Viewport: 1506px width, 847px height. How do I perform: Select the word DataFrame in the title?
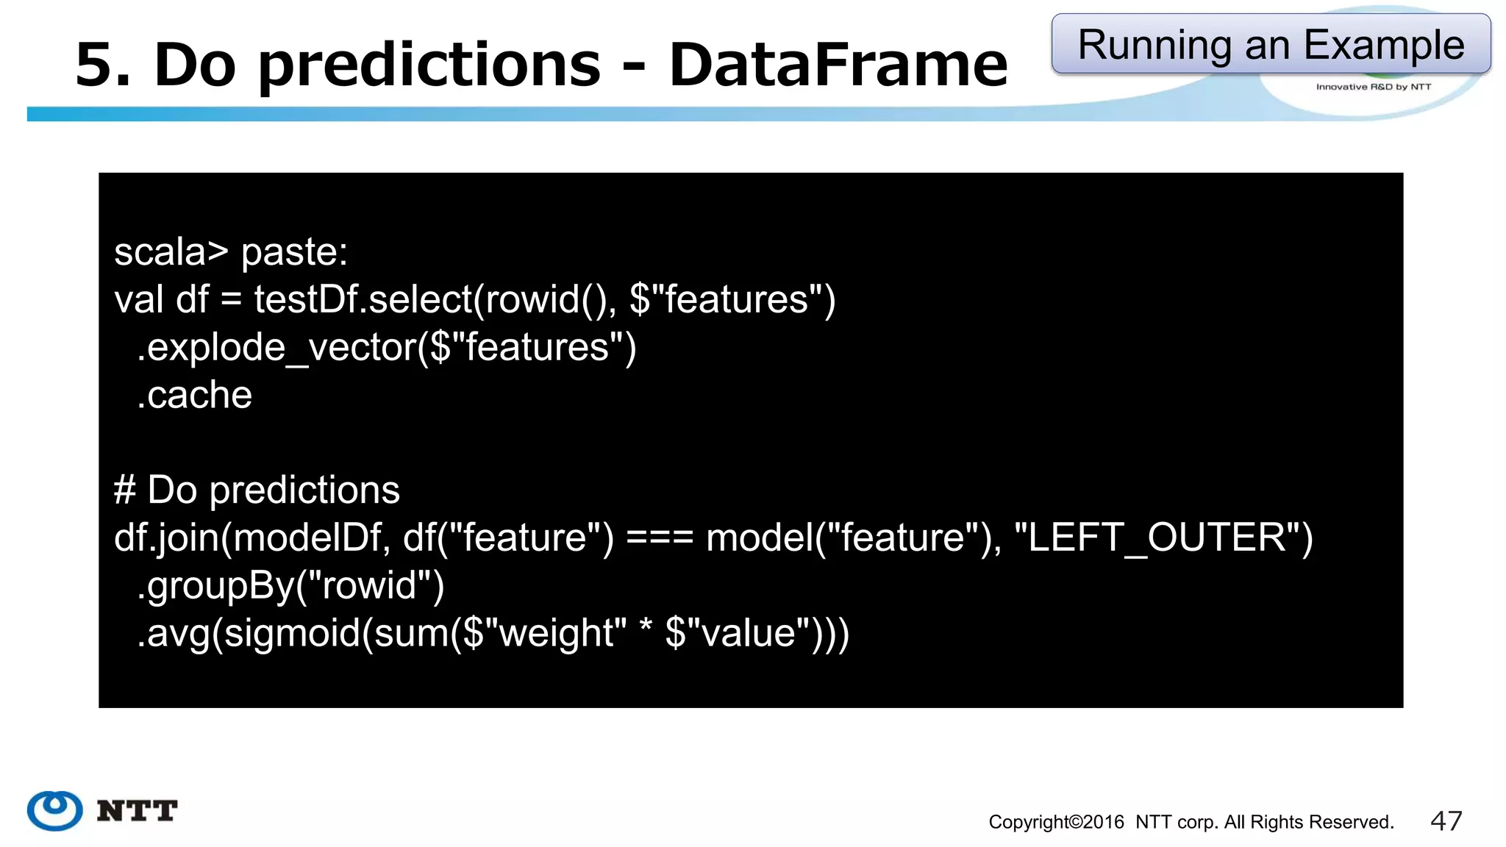pos(838,65)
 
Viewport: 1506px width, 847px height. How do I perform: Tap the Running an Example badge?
pos(1271,44)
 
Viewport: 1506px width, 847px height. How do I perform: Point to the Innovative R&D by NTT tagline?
pos(1373,87)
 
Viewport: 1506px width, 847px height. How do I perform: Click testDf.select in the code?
pos(363,300)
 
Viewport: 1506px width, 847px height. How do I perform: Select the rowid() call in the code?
pos(548,300)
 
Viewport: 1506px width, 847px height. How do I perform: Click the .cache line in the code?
pos(195,396)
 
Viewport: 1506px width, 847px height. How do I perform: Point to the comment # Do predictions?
pos(257,490)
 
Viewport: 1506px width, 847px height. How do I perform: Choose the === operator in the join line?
pos(660,538)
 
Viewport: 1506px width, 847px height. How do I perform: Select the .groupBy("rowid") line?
pos(290,586)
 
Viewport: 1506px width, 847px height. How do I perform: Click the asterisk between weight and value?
pos(646,629)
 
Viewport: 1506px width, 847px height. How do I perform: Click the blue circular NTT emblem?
pos(55,810)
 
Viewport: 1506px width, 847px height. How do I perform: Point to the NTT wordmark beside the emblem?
pos(138,811)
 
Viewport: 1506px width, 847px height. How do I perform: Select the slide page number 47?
pos(1446,821)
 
